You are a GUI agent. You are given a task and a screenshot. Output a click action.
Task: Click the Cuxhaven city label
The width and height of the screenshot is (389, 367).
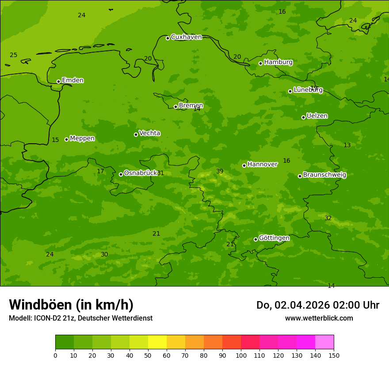[x=186, y=37]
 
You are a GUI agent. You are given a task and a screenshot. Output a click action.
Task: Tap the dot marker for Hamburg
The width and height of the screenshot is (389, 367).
[x=260, y=63]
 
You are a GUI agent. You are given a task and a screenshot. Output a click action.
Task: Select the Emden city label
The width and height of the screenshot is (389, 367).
[x=72, y=80]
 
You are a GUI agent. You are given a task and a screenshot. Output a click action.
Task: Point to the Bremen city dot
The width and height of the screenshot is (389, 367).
[x=175, y=107]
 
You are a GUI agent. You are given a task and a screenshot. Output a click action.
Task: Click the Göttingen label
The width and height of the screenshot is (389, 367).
[x=274, y=238]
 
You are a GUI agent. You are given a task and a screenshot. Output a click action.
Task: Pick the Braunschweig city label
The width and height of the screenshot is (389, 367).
[x=324, y=175]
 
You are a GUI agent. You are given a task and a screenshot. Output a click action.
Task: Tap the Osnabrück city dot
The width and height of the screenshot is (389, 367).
[x=121, y=174]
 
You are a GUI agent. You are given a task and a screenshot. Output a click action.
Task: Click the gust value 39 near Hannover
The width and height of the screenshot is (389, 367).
[x=220, y=172]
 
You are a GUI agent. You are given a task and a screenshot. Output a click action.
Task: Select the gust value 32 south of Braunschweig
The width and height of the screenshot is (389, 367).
[x=328, y=218]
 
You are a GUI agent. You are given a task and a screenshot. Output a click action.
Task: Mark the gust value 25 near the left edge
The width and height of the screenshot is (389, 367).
[x=14, y=55]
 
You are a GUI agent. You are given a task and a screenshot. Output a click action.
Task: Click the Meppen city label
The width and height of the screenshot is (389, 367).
[x=82, y=138]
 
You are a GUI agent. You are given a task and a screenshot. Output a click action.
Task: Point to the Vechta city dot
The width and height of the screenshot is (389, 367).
[x=136, y=134]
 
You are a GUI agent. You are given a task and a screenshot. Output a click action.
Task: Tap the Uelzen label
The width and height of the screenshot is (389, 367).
[x=317, y=116]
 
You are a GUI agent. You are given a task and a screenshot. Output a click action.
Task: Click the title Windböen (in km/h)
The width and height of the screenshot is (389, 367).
[x=71, y=305]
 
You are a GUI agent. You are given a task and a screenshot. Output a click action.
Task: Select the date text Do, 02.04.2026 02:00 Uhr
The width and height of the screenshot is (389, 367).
[x=317, y=305]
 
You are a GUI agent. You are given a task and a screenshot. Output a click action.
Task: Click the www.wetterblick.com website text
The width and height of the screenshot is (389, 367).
[x=319, y=318]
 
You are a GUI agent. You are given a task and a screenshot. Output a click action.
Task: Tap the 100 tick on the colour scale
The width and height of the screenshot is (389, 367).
[x=241, y=355]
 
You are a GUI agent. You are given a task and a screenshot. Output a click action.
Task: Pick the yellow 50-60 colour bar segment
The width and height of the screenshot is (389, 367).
[x=157, y=342]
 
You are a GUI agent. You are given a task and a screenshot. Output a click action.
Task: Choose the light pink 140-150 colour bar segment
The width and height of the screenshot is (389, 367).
[x=324, y=342]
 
